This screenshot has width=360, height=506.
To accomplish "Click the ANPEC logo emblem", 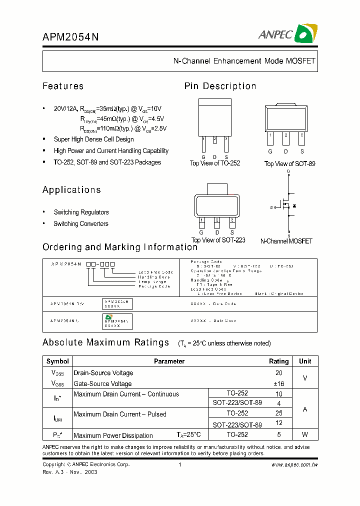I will point(305,33).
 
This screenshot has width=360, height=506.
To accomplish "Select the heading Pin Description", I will point(220,86).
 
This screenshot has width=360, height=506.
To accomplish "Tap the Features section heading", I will point(63,86).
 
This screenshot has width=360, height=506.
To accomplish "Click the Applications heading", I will point(71,189).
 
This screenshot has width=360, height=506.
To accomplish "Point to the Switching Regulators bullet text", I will point(81,212).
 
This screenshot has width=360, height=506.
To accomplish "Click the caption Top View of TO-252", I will point(214,163).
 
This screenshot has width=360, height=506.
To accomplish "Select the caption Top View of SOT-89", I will point(289,164).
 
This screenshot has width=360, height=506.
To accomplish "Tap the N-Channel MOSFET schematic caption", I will point(286,241).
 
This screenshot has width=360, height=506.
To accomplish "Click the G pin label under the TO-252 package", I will point(203,156).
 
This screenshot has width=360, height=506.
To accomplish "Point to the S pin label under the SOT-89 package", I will point(302,151).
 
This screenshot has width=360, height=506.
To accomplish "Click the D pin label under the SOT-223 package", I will point(217,232).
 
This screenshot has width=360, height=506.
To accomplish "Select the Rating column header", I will point(278,361).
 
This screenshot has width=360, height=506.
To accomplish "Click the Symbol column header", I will point(57,361).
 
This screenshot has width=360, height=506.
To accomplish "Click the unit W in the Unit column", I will point(305,435).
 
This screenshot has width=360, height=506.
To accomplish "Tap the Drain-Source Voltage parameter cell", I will point(103,373).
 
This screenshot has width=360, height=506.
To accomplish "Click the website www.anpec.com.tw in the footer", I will point(294,464).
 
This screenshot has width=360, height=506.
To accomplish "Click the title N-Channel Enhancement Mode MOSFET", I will point(244,61).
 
